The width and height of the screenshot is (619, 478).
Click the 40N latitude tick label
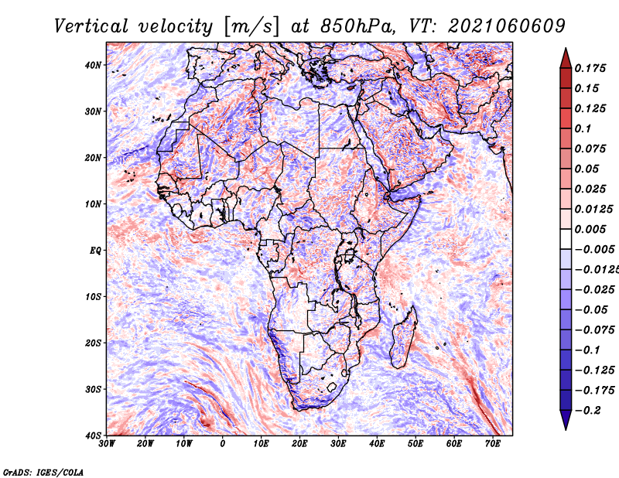click(93, 65)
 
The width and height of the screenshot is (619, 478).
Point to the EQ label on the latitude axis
click(95, 251)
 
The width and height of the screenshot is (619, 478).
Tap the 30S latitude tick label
click(93, 389)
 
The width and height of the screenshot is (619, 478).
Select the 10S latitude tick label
click(93, 296)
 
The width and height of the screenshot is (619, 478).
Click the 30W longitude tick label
click(107, 444)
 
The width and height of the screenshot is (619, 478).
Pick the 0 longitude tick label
click(223, 444)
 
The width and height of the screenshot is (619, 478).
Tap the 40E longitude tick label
click(377, 444)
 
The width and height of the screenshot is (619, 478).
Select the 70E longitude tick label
click(493, 444)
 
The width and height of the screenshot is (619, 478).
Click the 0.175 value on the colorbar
click(590, 68)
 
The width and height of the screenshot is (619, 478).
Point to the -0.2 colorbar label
click(588, 411)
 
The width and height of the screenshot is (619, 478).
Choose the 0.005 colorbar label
click(590, 229)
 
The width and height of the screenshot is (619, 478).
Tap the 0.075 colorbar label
click(590, 149)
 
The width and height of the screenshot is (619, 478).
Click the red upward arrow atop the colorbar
click(566, 59)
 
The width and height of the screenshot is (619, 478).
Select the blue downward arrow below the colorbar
click(566, 420)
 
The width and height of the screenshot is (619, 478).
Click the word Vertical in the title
click(91, 26)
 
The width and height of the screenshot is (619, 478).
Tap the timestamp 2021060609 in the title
click(507, 26)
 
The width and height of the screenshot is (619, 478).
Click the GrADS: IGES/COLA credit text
click(43, 472)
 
